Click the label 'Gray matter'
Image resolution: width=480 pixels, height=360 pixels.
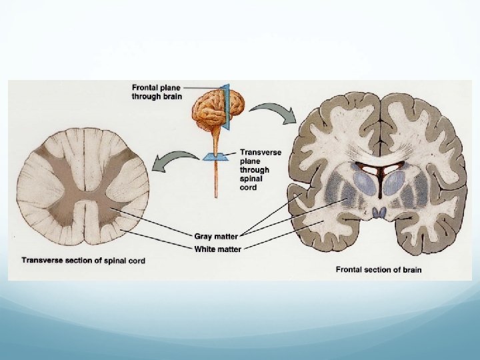coord(216,236)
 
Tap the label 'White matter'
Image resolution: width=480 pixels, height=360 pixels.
coord(217,249)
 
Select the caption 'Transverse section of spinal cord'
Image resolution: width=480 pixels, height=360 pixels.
coord(83,260)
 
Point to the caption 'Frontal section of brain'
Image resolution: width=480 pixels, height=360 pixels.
coord(379,270)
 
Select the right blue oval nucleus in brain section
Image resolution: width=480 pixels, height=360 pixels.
coord(393,184)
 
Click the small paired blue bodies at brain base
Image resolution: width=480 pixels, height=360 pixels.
coord(380,213)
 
